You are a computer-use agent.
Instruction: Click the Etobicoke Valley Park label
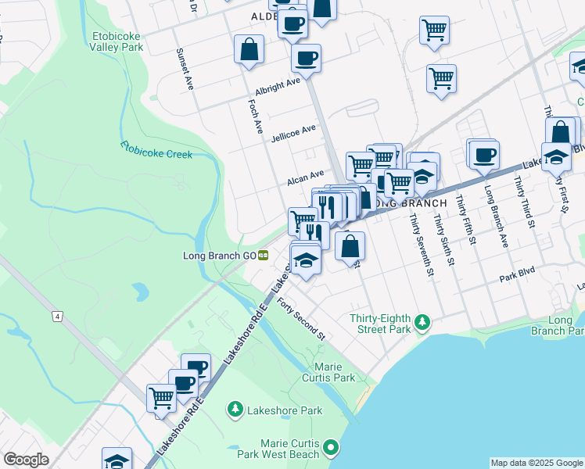(x=116, y=41)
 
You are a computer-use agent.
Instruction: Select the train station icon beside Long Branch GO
(x=264, y=255)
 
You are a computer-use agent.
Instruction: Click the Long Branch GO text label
(x=220, y=255)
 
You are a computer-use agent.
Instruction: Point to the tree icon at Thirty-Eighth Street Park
(x=422, y=321)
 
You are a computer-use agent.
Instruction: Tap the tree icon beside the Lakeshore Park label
(x=235, y=410)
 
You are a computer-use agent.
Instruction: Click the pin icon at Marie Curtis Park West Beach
(x=331, y=448)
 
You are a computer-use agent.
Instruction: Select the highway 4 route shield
(x=57, y=316)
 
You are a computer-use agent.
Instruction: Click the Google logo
(x=26, y=460)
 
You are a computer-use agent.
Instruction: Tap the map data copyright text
(x=536, y=463)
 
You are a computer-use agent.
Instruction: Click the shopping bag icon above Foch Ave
(x=249, y=50)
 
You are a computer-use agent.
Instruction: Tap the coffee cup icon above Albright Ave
(x=306, y=57)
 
